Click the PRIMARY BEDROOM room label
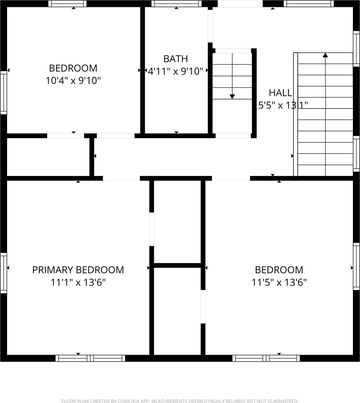tap(78, 270)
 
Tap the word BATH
tap(175, 59)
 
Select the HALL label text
tap(280, 93)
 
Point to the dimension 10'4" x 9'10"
tap(73, 81)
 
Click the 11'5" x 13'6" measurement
tap(279, 282)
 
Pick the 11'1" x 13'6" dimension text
tap(78, 282)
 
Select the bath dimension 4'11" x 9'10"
tap(176, 71)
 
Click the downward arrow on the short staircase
tap(232, 96)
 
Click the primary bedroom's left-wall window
tap(3, 273)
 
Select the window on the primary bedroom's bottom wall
tap(90, 358)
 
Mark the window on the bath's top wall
tap(176, 4)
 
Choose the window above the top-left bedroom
tap(67, 4)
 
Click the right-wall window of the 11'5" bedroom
tap(356, 266)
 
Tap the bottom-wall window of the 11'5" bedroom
tap(266, 358)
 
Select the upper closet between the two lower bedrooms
tap(177, 222)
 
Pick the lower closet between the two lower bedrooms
tap(177, 311)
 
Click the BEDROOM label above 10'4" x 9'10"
tap(73, 68)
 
